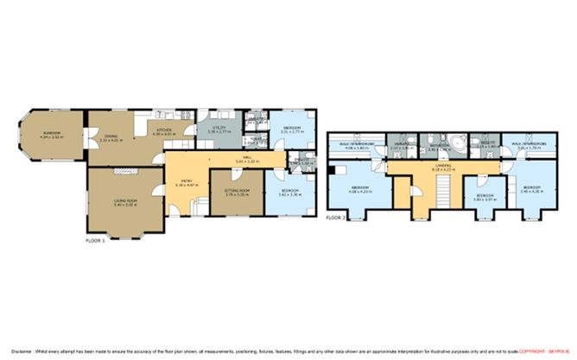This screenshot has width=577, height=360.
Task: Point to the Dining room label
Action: click(x=111, y=137)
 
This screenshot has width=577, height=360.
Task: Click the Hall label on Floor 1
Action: click(x=250, y=160)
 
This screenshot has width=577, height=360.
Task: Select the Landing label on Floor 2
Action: click(x=421, y=167)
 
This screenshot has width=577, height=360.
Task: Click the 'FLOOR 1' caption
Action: click(x=95, y=240)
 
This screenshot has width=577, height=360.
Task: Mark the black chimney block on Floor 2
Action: click(x=331, y=170)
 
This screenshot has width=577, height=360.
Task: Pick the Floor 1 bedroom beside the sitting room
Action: click(x=288, y=194)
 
